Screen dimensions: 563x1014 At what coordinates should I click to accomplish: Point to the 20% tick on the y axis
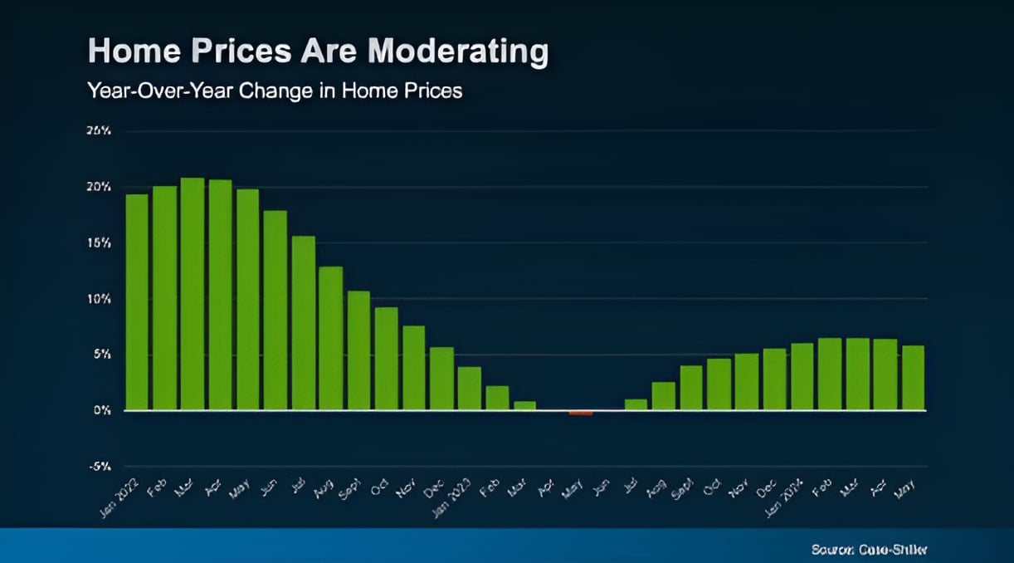coord(100,187)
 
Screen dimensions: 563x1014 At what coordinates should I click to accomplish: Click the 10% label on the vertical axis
coord(100,299)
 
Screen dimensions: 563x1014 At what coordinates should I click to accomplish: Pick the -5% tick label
coord(100,467)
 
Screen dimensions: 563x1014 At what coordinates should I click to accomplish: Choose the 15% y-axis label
coord(100,243)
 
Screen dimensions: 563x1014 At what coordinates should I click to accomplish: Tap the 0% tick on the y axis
coord(101,410)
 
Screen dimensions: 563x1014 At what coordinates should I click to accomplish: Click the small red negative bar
coord(581,413)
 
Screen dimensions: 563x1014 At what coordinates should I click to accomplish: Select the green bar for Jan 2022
coord(137,302)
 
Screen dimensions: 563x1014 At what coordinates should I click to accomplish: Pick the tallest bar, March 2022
coord(193,294)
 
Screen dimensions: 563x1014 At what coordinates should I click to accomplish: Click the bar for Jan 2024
coord(802,376)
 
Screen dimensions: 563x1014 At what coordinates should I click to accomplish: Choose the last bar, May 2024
coord(913,378)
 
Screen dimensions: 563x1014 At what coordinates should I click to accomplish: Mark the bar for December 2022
coord(441,379)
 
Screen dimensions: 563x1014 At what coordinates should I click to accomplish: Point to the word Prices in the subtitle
coord(430,91)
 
